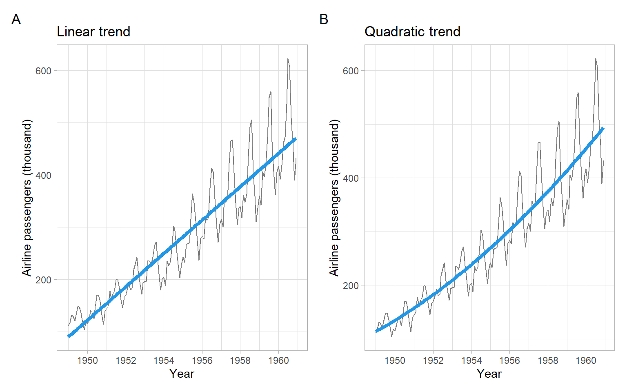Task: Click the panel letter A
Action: pyautogui.click(x=16, y=19)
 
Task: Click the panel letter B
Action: pyautogui.click(x=324, y=19)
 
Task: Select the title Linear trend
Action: pyautogui.click(x=93, y=32)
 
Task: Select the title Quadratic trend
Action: pyautogui.click(x=412, y=32)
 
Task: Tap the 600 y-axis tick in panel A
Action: pyautogui.click(x=43, y=71)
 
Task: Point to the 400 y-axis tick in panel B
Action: pyautogui.click(x=351, y=178)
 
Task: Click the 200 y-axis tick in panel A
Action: pyautogui.click(x=43, y=280)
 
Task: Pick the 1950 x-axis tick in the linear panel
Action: pyautogui.click(x=87, y=361)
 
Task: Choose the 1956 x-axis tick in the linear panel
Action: pyautogui.click(x=202, y=361)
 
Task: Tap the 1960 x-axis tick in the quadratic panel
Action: pyautogui.click(x=586, y=361)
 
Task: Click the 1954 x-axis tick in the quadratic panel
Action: pyautogui.click(x=471, y=361)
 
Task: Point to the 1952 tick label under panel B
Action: pyautogui.click(x=433, y=361)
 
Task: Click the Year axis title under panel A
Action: pyautogui.click(x=182, y=374)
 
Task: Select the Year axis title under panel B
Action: pyautogui.click(x=489, y=374)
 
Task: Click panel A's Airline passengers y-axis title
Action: pyautogui.click(x=27, y=198)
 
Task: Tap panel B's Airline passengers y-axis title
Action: pyautogui.click(x=334, y=198)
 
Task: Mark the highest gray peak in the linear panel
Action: pyautogui.click(x=288, y=59)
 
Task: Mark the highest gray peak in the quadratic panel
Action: pyautogui.click(x=596, y=59)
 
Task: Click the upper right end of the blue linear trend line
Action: pyautogui.click(x=295, y=139)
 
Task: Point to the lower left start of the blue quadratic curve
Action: pyautogui.click(x=376, y=331)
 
